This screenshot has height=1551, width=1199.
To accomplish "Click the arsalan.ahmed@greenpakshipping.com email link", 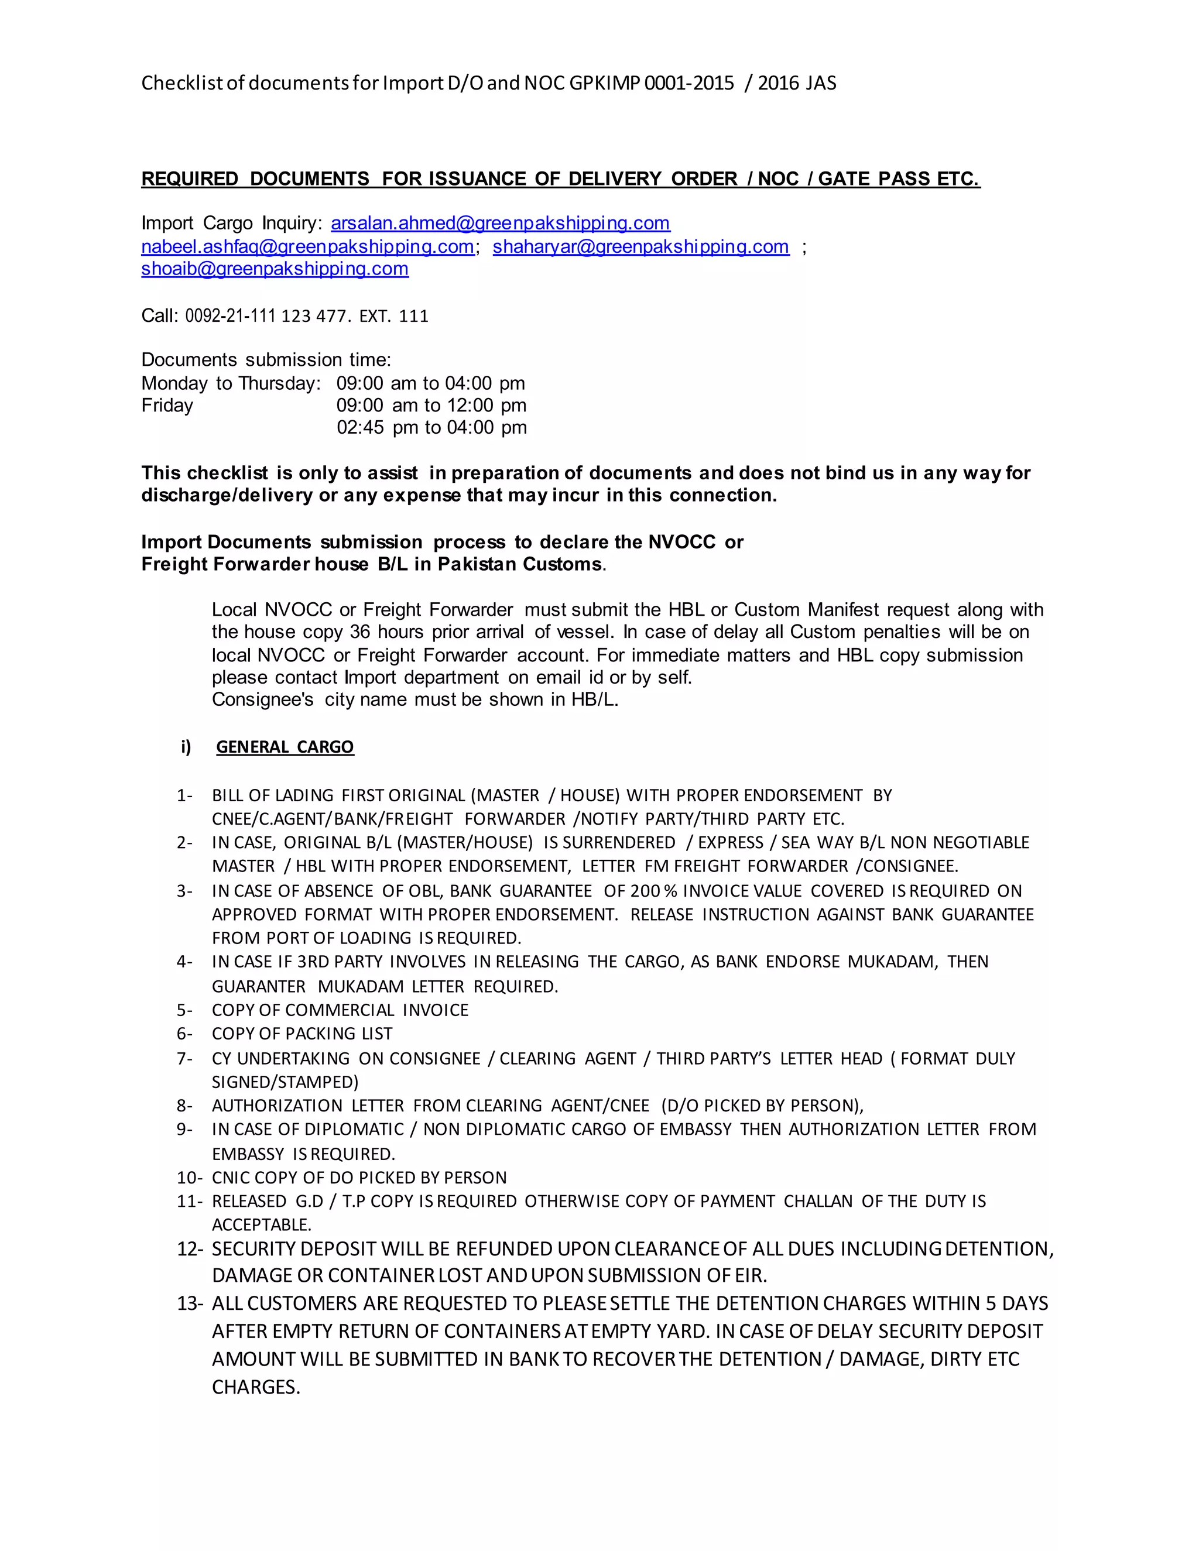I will [500, 224].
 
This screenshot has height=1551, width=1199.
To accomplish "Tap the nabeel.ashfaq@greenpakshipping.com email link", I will [307, 246].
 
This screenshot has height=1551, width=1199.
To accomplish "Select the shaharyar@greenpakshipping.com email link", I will [640, 246].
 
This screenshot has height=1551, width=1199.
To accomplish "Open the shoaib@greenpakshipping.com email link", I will [275, 269].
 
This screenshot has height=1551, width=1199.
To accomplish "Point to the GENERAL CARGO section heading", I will [285, 747].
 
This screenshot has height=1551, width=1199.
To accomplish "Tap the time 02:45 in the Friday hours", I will [360, 427].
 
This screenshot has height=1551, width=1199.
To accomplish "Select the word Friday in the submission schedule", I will [167, 406].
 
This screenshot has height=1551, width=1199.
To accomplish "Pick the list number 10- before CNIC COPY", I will [190, 1178].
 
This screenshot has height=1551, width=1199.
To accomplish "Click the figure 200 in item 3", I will [645, 891].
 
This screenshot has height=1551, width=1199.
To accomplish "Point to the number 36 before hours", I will [361, 632].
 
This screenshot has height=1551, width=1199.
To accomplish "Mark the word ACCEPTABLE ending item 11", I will [261, 1225].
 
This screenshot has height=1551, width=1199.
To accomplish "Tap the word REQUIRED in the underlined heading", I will [190, 179].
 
